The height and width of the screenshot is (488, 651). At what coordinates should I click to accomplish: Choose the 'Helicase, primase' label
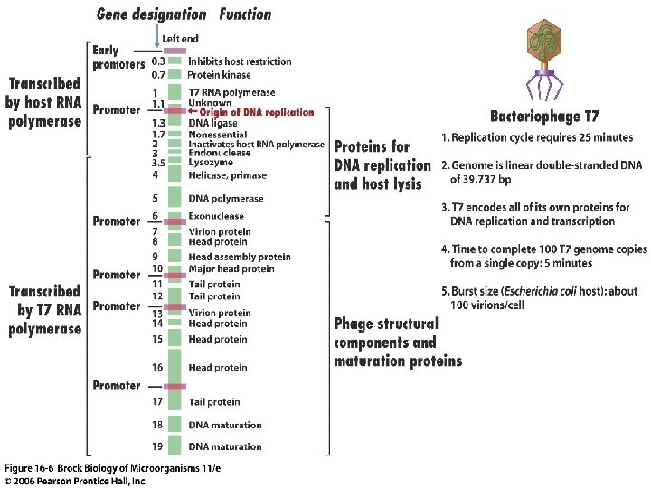point(228,176)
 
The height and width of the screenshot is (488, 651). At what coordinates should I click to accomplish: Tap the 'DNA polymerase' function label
point(226,198)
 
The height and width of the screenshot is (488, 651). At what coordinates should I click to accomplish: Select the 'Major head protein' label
point(231,268)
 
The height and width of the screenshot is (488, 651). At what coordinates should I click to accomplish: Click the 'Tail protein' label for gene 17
point(214,401)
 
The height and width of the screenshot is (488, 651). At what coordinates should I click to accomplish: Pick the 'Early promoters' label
point(118,57)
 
